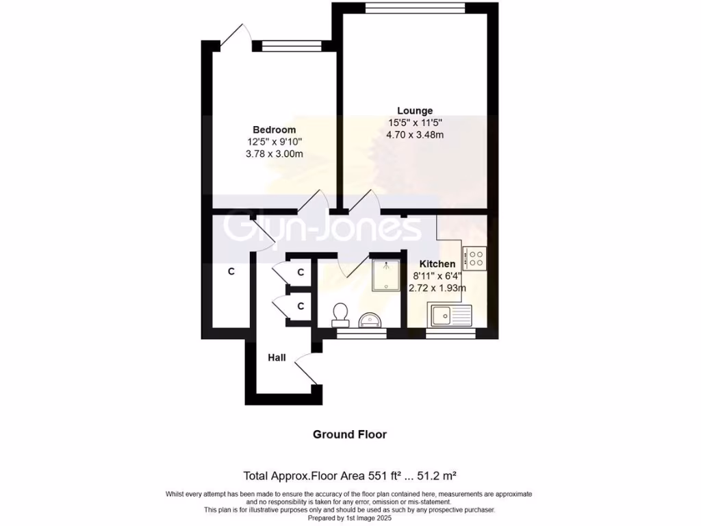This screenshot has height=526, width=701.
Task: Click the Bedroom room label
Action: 274,129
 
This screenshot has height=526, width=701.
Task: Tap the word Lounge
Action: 415,110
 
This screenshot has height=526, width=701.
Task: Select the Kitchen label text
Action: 437,264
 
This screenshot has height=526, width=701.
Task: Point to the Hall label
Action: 277,358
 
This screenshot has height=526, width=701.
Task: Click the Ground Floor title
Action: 350,434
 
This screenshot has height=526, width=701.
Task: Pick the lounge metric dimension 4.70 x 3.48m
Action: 415,135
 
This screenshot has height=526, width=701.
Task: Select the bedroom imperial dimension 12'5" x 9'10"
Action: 274,142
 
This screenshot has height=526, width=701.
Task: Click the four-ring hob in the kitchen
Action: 474,258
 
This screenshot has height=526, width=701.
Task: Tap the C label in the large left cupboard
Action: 231,272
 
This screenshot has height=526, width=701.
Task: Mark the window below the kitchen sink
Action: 450,334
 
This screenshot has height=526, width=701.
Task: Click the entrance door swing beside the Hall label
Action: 306,368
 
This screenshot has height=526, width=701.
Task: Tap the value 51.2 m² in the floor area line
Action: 446,475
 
